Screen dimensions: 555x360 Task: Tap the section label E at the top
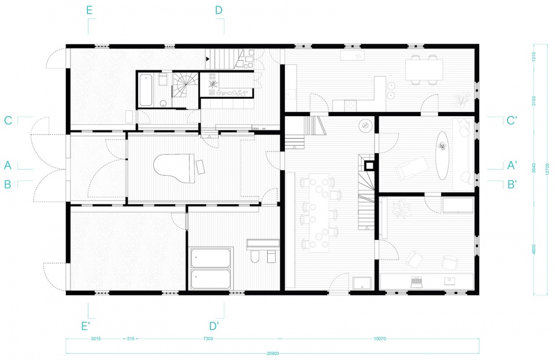pos(89,10)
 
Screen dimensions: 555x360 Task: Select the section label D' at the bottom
pos(214,326)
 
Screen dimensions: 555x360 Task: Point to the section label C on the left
pos(8,120)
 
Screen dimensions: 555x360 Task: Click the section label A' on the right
pos(512,165)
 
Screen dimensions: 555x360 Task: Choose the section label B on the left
pos(8,184)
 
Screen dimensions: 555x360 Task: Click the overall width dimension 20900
pos(272,353)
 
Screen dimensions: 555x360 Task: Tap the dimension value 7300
pos(208,339)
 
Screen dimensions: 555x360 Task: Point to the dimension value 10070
pos(380,339)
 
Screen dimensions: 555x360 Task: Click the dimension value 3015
pos(96,339)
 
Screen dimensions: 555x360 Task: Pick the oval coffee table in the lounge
pos(442,155)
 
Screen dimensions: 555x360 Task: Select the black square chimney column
pos(369,165)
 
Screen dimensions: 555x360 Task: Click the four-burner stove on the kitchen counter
pos(350,105)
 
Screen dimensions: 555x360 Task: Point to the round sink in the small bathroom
pos(163,103)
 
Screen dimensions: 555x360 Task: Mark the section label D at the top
pos(219,10)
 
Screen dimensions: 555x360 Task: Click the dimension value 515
pos(131,339)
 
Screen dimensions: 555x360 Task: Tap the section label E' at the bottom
pos(85,326)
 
